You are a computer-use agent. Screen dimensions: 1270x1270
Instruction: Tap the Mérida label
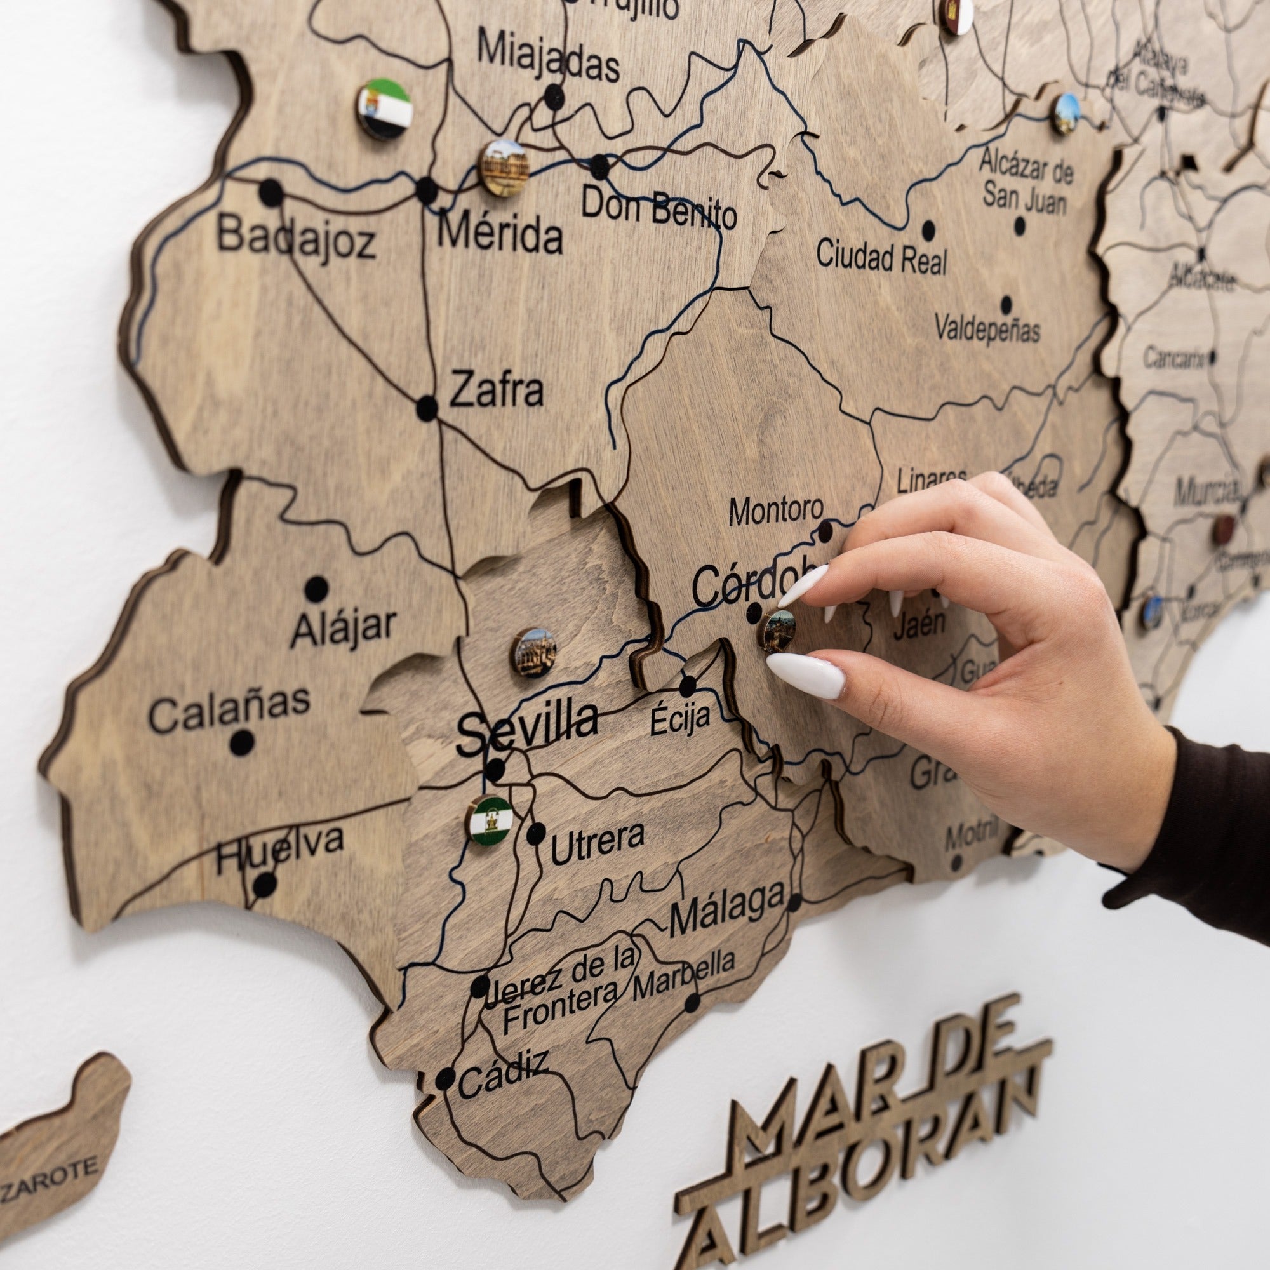click(x=500, y=235)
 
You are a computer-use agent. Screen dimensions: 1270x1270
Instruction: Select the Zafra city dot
click(x=427, y=408)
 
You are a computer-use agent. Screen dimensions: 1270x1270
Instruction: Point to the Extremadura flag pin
click(x=385, y=109)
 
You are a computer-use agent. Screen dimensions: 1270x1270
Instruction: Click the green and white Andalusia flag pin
click(x=490, y=820)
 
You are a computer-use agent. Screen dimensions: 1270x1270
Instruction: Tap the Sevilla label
click(x=527, y=725)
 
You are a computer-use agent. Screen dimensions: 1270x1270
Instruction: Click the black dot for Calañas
click(x=242, y=743)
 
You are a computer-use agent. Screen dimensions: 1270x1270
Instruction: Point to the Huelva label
click(x=280, y=848)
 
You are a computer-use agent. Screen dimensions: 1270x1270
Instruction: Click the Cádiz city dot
click(x=446, y=1078)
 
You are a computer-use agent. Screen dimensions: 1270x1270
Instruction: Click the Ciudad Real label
click(x=881, y=257)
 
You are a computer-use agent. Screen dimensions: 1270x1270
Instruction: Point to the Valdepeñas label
click(x=987, y=329)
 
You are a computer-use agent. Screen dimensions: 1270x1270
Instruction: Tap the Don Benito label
click(x=658, y=208)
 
